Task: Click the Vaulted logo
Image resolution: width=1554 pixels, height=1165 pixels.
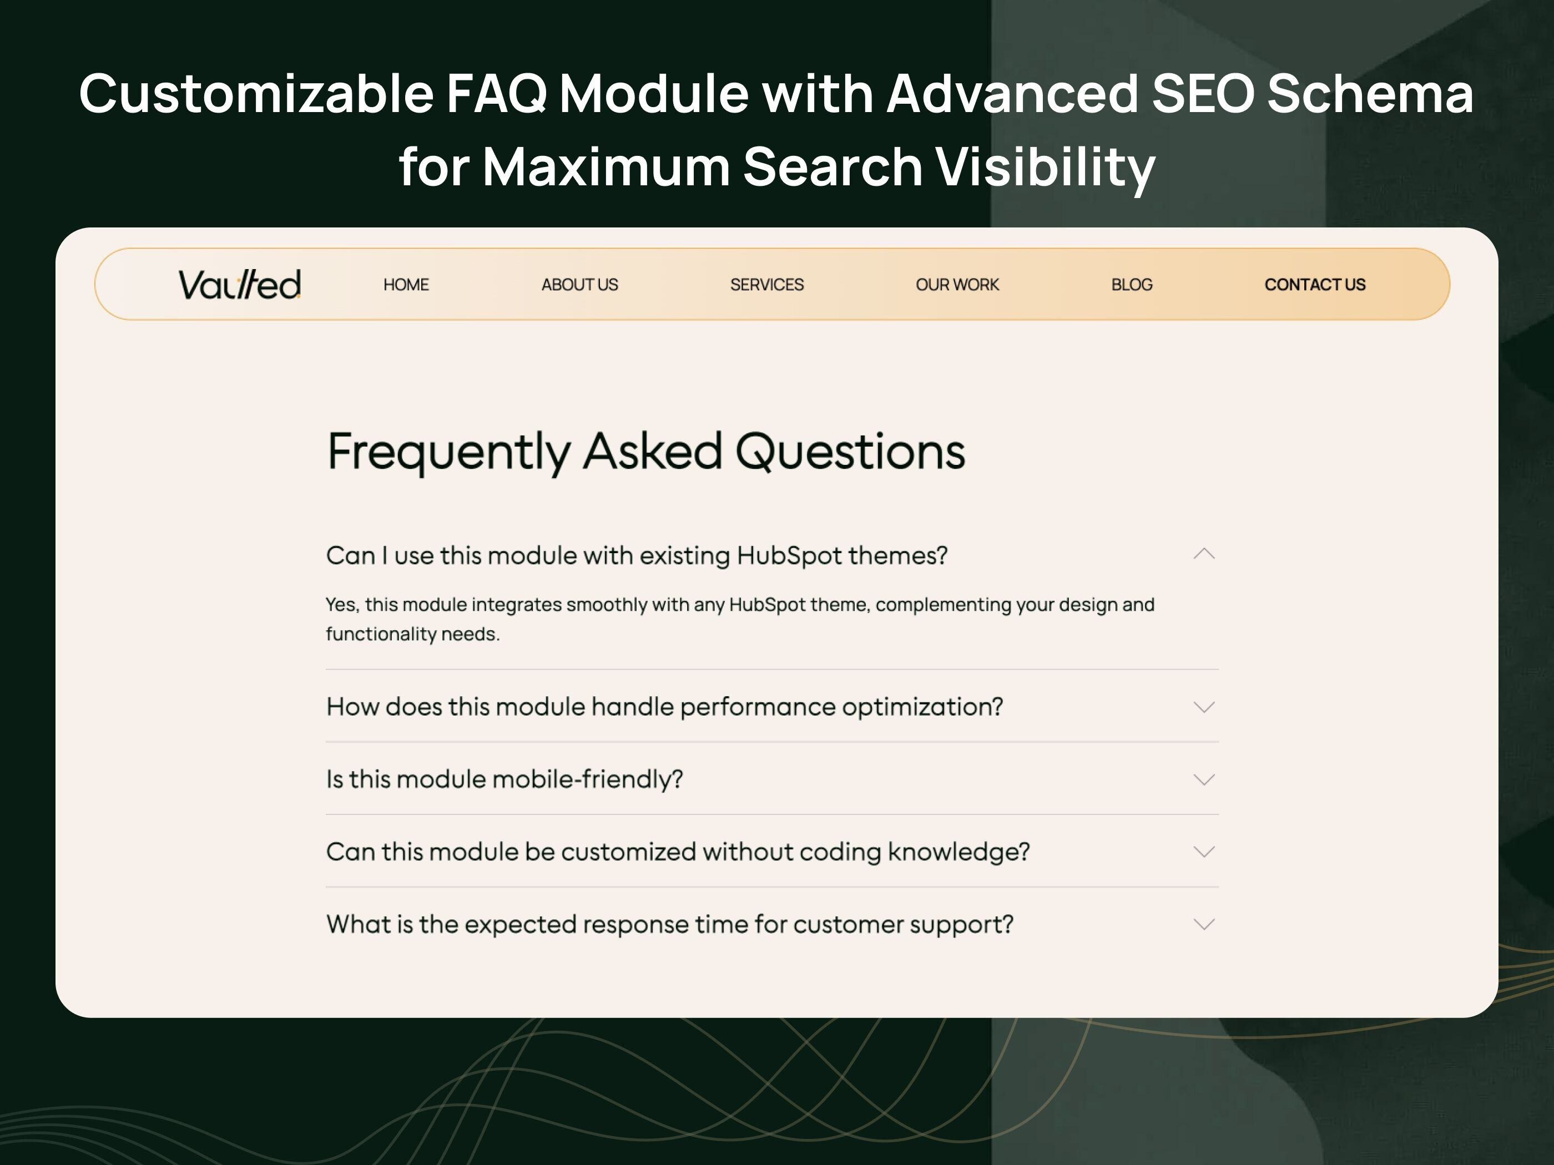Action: point(240,285)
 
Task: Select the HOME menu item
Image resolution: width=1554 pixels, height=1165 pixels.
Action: point(406,285)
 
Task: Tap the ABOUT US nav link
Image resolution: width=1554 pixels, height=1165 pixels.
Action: point(579,285)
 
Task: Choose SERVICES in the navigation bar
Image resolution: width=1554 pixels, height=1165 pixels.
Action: point(766,285)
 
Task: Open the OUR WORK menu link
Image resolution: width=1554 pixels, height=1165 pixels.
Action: point(957,285)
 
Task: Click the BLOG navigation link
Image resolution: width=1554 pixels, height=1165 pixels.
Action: point(1131,285)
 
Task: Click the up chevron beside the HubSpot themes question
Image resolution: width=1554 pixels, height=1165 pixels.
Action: point(1203,554)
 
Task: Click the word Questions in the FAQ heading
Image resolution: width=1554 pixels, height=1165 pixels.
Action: point(850,452)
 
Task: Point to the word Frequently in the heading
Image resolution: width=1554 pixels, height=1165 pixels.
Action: point(449,452)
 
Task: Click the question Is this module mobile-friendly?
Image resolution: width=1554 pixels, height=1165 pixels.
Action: point(504,779)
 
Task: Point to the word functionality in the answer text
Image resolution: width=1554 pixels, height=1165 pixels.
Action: point(381,634)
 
